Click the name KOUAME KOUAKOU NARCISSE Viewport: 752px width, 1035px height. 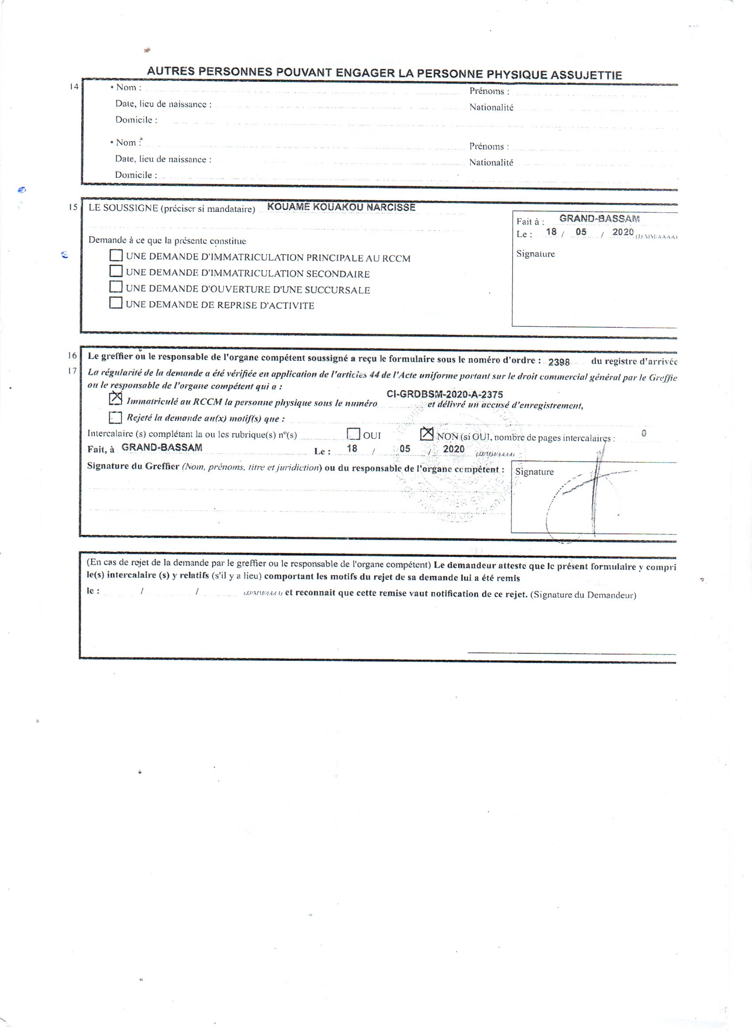click(341, 207)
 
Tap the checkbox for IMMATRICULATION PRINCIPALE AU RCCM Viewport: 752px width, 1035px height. click(116, 255)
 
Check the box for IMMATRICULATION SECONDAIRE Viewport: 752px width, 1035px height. click(116, 271)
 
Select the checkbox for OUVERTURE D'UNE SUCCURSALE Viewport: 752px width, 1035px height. click(116, 287)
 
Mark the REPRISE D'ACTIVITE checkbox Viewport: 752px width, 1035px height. click(116, 303)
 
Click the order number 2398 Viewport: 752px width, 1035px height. click(559, 362)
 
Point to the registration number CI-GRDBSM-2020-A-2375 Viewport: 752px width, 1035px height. click(445, 394)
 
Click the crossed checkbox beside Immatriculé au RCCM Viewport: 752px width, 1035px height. click(116, 399)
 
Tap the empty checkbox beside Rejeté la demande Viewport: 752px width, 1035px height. click(116, 417)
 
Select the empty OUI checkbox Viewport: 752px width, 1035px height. click(353, 433)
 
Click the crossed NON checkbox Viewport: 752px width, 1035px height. click(426, 433)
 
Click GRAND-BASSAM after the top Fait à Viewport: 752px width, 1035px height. click(599, 218)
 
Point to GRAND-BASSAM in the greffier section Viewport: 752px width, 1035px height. click(161, 447)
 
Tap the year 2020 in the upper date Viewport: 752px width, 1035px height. click(623, 232)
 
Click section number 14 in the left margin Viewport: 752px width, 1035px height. click(74, 86)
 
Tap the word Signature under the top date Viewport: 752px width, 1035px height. click(535, 254)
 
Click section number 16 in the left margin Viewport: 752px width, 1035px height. click(73, 356)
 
